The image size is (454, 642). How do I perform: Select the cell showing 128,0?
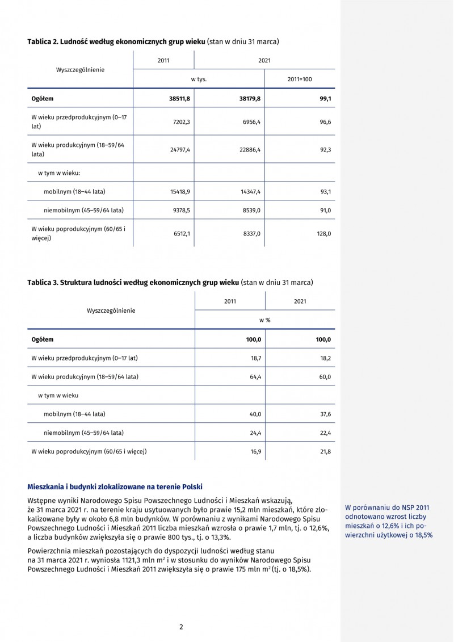323,233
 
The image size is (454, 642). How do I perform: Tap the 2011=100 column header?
300,79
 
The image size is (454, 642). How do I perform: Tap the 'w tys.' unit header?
199,79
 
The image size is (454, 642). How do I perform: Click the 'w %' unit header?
264,320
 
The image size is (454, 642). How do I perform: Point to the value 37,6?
325,414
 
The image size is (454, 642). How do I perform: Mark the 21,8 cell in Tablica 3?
325,451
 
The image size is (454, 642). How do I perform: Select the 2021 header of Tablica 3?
300,301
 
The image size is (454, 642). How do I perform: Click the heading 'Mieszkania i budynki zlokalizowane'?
115,486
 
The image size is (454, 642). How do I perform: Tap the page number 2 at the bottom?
181,627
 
